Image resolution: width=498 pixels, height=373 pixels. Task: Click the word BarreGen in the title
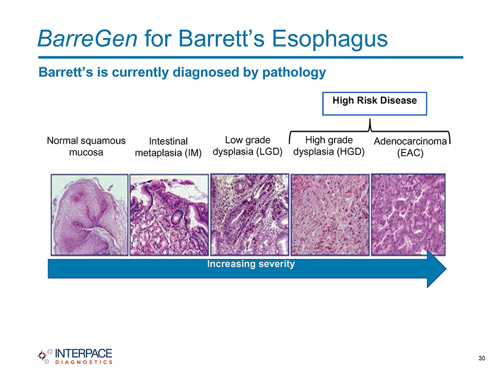tap(87, 38)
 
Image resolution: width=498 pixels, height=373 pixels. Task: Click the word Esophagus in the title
tap(330, 39)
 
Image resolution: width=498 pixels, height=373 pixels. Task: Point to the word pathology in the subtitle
tap(294, 73)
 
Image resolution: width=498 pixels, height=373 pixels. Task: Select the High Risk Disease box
tap(375, 104)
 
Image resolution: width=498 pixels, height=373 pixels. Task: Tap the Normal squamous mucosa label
tap(86, 146)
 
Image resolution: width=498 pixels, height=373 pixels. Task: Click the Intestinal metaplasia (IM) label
tap(168, 147)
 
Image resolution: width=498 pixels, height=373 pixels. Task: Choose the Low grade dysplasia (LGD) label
tap(248, 146)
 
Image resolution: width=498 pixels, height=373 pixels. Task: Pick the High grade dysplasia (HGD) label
tap(329, 146)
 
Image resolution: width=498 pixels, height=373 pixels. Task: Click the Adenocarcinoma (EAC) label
tap(410, 147)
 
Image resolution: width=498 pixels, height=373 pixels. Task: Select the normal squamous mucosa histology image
tap(89, 215)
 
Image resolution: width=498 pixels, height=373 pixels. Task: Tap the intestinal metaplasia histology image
tap(169, 215)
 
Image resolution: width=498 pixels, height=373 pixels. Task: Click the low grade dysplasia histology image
tap(250, 214)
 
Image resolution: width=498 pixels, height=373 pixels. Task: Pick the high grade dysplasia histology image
tap(330, 215)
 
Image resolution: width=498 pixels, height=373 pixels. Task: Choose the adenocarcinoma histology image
tap(409, 215)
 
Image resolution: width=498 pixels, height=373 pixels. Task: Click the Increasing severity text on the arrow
tap(251, 264)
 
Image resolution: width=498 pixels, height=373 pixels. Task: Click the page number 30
tap(482, 358)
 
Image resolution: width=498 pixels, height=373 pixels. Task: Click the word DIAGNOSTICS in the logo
tap(84, 362)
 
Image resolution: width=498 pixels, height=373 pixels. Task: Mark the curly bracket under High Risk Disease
tap(370, 131)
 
